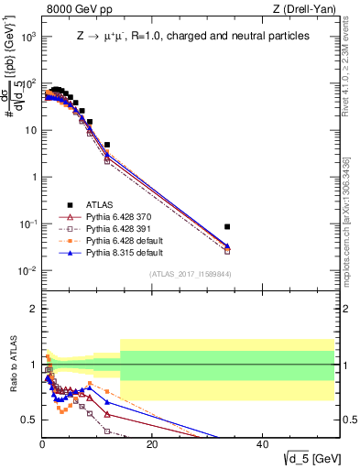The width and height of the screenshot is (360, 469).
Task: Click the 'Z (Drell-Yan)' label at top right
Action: (311, 10)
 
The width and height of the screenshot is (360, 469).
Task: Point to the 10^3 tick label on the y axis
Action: (27, 37)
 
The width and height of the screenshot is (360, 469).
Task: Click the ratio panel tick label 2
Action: (32, 309)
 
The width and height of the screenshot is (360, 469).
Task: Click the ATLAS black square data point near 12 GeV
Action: (107, 145)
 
